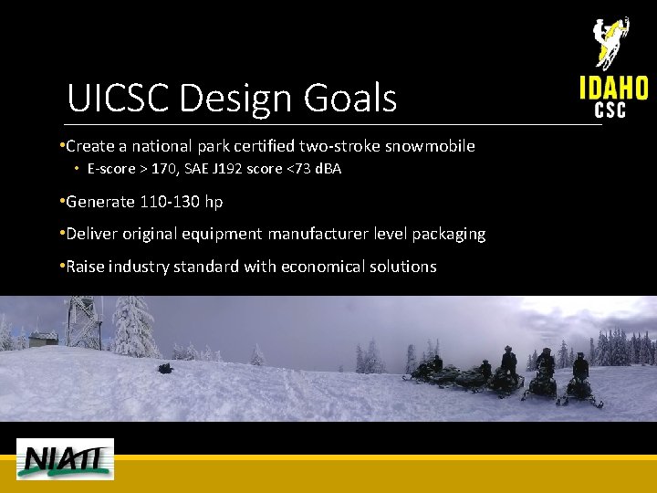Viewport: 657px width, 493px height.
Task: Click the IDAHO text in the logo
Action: [x=613, y=88]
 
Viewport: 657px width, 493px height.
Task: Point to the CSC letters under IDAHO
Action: [x=610, y=110]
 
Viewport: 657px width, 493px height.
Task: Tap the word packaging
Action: [x=447, y=234]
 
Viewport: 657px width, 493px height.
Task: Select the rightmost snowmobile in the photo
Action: [x=580, y=389]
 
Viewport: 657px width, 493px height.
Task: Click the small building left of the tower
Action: [x=42, y=339]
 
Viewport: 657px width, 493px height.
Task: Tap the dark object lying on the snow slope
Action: [x=164, y=369]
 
